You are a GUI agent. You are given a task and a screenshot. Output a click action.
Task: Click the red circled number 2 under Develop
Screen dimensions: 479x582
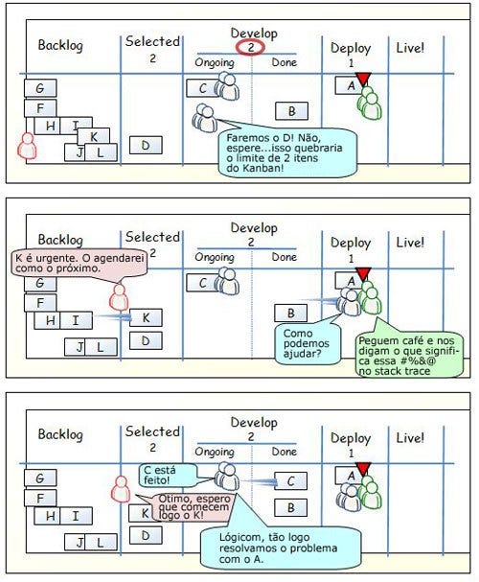(x=251, y=48)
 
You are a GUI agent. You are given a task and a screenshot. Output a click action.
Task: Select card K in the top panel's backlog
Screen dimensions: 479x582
(x=94, y=136)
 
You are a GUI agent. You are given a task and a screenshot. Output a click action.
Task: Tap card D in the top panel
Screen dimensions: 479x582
(x=146, y=145)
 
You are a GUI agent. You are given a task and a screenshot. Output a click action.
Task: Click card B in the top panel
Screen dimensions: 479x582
(x=291, y=111)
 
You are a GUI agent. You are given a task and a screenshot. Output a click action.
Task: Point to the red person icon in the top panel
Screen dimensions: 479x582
(x=27, y=146)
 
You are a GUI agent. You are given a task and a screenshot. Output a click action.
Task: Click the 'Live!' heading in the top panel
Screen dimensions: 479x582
(x=410, y=48)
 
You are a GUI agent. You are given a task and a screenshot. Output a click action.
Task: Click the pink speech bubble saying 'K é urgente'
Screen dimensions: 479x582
(x=79, y=265)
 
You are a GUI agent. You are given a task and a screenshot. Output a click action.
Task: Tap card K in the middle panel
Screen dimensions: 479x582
(x=146, y=317)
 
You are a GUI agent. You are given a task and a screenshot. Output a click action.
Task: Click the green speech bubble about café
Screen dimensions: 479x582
(x=409, y=356)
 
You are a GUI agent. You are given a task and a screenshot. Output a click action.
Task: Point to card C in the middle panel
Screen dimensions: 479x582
(x=202, y=283)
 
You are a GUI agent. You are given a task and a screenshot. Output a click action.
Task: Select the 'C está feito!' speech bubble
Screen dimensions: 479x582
(x=168, y=476)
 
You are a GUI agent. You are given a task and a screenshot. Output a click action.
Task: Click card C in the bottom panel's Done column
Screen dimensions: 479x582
(x=290, y=481)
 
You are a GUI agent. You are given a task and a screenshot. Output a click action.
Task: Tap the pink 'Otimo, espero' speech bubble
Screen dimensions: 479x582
(x=192, y=506)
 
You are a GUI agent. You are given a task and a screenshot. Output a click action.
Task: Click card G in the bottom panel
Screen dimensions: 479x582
(x=40, y=478)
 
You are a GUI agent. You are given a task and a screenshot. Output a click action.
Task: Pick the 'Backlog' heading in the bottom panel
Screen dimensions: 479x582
(x=60, y=434)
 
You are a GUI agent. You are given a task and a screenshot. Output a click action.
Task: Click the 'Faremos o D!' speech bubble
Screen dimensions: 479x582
(x=287, y=151)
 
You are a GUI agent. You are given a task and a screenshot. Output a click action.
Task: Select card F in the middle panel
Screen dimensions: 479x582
(x=40, y=303)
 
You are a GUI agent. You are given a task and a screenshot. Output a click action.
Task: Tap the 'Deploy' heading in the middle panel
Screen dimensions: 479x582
(x=351, y=244)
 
